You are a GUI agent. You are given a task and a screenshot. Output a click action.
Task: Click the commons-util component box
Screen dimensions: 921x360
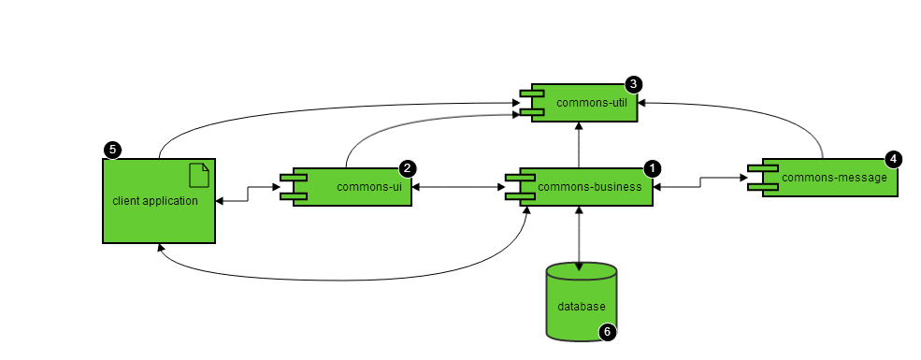coord(584,103)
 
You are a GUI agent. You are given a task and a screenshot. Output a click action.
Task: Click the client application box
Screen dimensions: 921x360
coord(159,201)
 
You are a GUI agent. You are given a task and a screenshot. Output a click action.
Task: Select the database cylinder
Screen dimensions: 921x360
coord(582,302)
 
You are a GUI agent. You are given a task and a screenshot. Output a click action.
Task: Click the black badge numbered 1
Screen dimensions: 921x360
coord(652,169)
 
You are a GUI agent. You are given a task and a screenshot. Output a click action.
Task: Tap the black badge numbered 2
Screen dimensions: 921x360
coord(408,169)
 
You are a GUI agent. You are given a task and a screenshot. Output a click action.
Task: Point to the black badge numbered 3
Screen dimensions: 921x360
coord(633,84)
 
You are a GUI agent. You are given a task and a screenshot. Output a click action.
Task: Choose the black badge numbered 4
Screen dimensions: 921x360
coord(893,159)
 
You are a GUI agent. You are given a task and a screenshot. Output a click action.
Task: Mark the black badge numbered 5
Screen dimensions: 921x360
coord(112,150)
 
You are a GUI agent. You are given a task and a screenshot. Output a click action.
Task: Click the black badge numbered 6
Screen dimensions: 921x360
coord(608,332)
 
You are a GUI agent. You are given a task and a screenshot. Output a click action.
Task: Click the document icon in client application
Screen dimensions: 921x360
coord(199,176)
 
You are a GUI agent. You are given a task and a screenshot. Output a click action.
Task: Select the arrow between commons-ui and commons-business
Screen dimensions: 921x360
coord(459,187)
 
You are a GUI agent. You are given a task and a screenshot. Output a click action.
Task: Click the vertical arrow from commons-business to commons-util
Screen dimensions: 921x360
coord(579,145)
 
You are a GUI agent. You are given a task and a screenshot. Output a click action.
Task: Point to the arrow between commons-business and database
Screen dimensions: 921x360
coord(579,238)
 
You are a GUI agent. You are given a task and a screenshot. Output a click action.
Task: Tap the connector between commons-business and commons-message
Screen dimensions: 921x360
coord(700,182)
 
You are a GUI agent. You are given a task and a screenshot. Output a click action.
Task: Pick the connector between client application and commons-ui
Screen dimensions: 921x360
coord(248,194)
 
